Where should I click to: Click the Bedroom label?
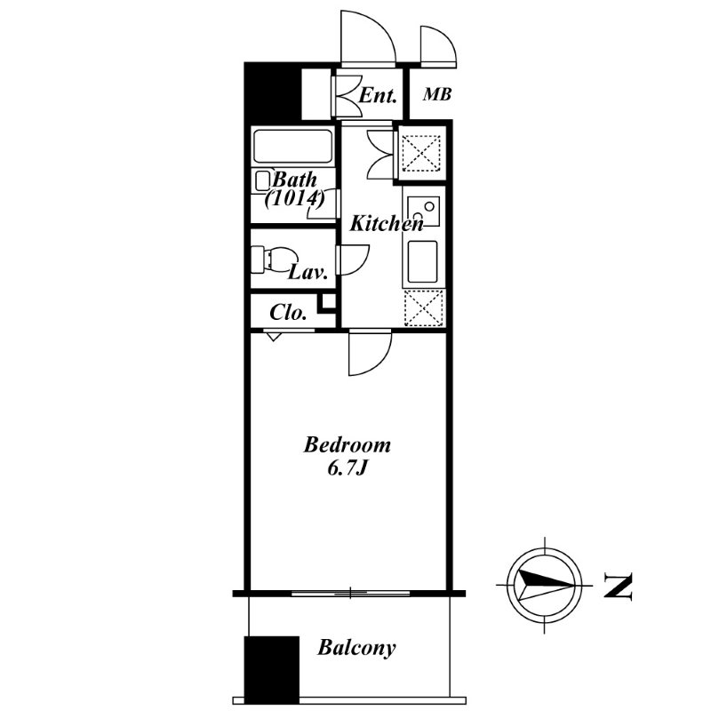pos(347,445)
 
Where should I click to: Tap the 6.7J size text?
pos(347,469)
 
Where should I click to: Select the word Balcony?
pos(356,648)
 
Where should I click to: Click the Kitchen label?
pos(387,224)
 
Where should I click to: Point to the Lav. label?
pos(308,273)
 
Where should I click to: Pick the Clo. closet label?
pos(288,313)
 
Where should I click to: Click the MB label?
pos(437,94)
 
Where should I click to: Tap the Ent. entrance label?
pos(378,96)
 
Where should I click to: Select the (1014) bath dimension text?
pos(295,198)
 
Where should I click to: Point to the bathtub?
pos(292,147)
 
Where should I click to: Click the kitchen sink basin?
pos(422,261)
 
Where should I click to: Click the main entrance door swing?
pos(381,28)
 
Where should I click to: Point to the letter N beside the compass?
pos(618,586)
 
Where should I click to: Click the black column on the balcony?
pos(272,670)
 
